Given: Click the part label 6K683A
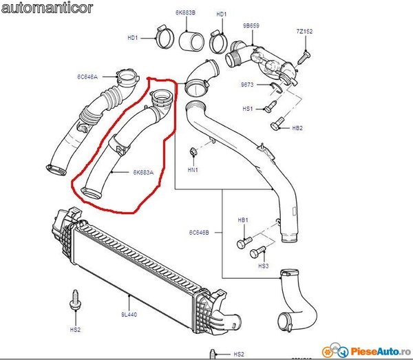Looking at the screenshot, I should click(x=143, y=173).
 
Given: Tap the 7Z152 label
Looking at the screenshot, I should click(x=304, y=32).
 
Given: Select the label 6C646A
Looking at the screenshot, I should click(x=87, y=76).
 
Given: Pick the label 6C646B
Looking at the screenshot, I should click(x=200, y=233).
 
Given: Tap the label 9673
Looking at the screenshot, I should click(x=247, y=84).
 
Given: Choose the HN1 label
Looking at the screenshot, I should click(x=193, y=169).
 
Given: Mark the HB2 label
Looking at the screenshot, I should click(x=297, y=128).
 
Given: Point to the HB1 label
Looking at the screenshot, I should click(x=242, y=220).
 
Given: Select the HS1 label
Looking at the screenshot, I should click(x=248, y=109).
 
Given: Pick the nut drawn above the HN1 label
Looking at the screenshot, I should click(x=193, y=151).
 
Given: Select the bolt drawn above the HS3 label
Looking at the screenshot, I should click(x=258, y=251).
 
